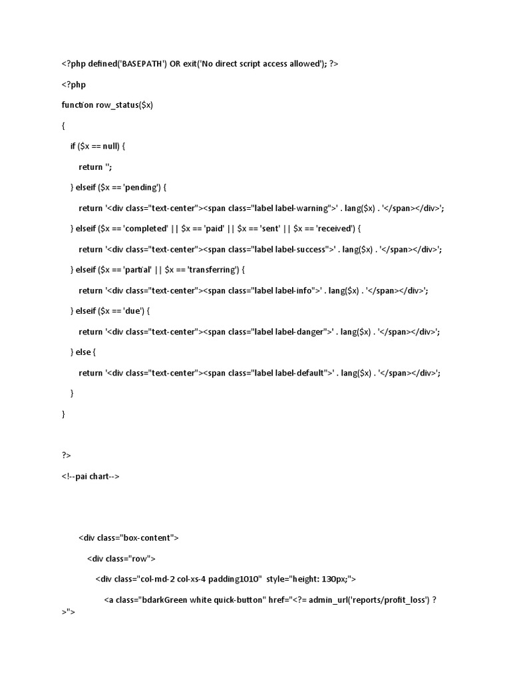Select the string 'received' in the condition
[335, 228]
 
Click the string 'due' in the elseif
[130, 311]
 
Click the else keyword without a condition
[84, 352]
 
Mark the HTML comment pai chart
[90, 476]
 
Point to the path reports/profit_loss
[387, 600]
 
